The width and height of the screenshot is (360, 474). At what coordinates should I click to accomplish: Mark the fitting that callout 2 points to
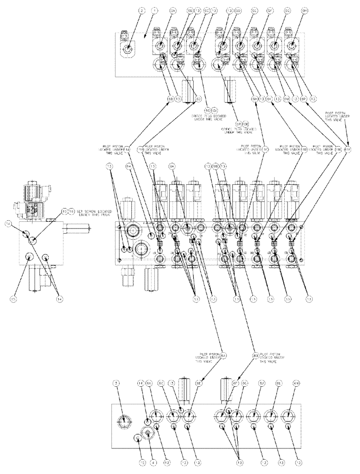point(128,49)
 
